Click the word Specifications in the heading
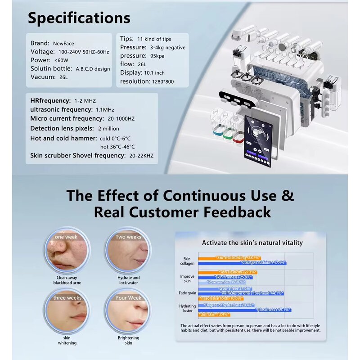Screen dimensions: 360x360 (79, 18)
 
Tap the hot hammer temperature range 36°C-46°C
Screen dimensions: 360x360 (117, 147)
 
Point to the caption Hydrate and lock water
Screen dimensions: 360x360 (128, 280)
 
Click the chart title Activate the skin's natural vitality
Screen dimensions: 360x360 (252, 243)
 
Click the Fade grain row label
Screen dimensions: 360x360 (187, 293)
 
